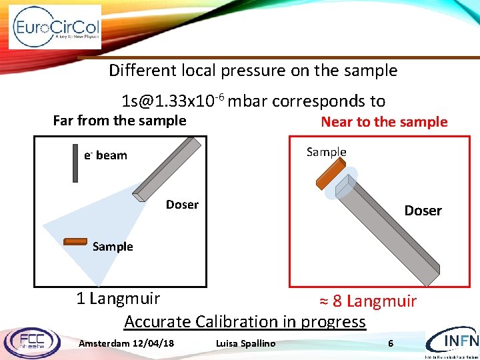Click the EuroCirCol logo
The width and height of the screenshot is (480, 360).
pos(56,27)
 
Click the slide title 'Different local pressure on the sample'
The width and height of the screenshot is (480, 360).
pos(253,70)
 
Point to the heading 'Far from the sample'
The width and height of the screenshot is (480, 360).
pos(119,121)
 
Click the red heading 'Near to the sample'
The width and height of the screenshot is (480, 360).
pos(384,121)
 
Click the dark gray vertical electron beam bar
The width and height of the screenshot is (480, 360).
pos(75,163)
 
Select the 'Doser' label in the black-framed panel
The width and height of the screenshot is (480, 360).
pos(182,205)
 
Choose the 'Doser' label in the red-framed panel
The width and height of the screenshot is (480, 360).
pos(423,211)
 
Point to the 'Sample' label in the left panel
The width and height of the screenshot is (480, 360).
pos(113,247)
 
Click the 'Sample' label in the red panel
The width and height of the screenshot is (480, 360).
pos(326,152)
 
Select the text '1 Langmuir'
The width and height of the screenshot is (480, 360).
pos(118,297)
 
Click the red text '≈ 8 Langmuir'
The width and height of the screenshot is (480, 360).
pos(368,301)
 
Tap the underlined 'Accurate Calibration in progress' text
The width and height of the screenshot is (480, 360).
pos(245,321)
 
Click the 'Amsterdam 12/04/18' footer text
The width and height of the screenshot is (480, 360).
pos(127,343)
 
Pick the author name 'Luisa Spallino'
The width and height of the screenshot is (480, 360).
pos(245,343)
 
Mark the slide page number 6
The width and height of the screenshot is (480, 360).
pos(391,343)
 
